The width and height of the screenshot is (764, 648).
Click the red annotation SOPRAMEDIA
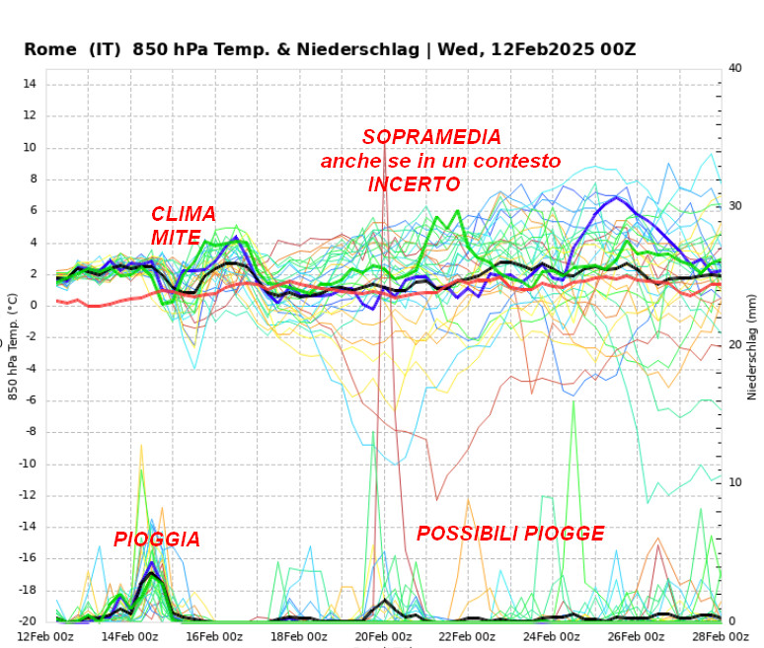coord(431,137)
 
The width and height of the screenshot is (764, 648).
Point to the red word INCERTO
coord(415,184)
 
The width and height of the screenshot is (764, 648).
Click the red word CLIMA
coord(184,214)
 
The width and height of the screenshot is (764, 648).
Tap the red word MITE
coord(176,238)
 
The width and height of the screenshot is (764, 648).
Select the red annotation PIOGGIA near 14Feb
coord(157,540)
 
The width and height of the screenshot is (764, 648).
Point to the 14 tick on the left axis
coord(30,84)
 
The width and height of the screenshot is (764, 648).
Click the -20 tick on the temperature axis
coord(26,621)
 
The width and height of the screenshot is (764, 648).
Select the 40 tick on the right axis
coord(734,68)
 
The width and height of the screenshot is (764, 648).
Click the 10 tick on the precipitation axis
coord(734,482)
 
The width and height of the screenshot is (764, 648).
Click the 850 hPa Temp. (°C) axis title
coord(13,345)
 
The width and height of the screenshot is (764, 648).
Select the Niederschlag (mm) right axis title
coord(752,345)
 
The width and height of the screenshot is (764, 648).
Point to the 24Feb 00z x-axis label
coord(554,636)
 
